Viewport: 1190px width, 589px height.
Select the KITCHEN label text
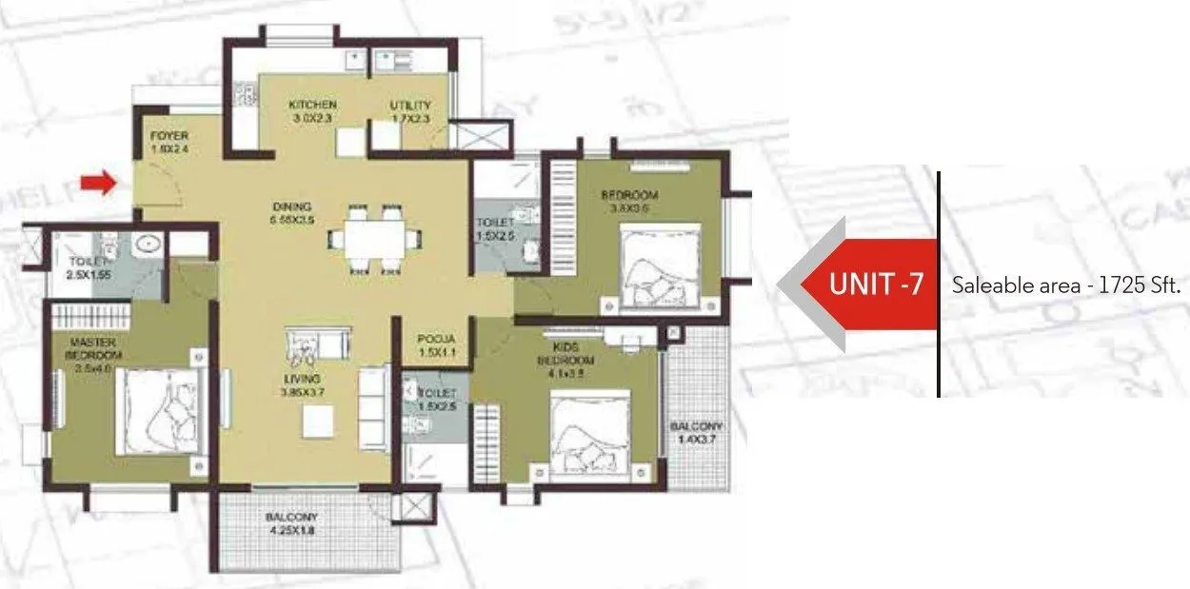(x=312, y=105)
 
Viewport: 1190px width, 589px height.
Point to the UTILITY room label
(x=410, y=105)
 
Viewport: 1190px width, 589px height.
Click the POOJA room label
(x=433, y=339)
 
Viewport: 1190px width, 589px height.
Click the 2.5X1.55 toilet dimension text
(x=89, y=274)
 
